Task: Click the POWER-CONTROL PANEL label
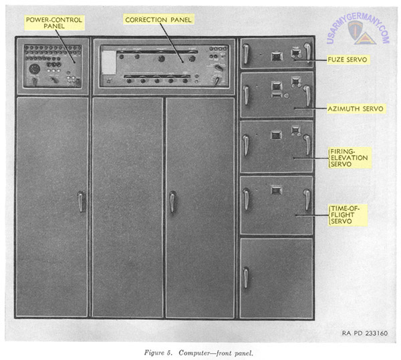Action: (x=54, y=23)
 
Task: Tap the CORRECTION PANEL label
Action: (x=158, y=19)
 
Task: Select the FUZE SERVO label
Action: (x=347, y=60)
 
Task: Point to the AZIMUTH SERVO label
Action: (x=356, y=109)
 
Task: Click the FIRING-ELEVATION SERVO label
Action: (x=350, y=158)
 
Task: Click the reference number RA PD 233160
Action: (x=365, y=333)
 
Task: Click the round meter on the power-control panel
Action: (x=34, y=69)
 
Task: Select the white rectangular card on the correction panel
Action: (x=109, y=62)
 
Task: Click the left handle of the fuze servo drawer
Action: (x=246, y=54)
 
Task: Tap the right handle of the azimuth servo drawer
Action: (x=307, y=96)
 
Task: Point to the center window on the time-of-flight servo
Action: (x=276, y=190)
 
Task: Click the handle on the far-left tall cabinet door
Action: (x=81, y=202)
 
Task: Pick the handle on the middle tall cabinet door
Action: (x=172, y=202)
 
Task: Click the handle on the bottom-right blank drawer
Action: (x=246, y=277)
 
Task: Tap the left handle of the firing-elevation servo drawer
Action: (x=246, y=146)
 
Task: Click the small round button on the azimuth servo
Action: (x=287, y=96)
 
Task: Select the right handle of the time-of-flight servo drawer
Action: (x=307, y=200)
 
